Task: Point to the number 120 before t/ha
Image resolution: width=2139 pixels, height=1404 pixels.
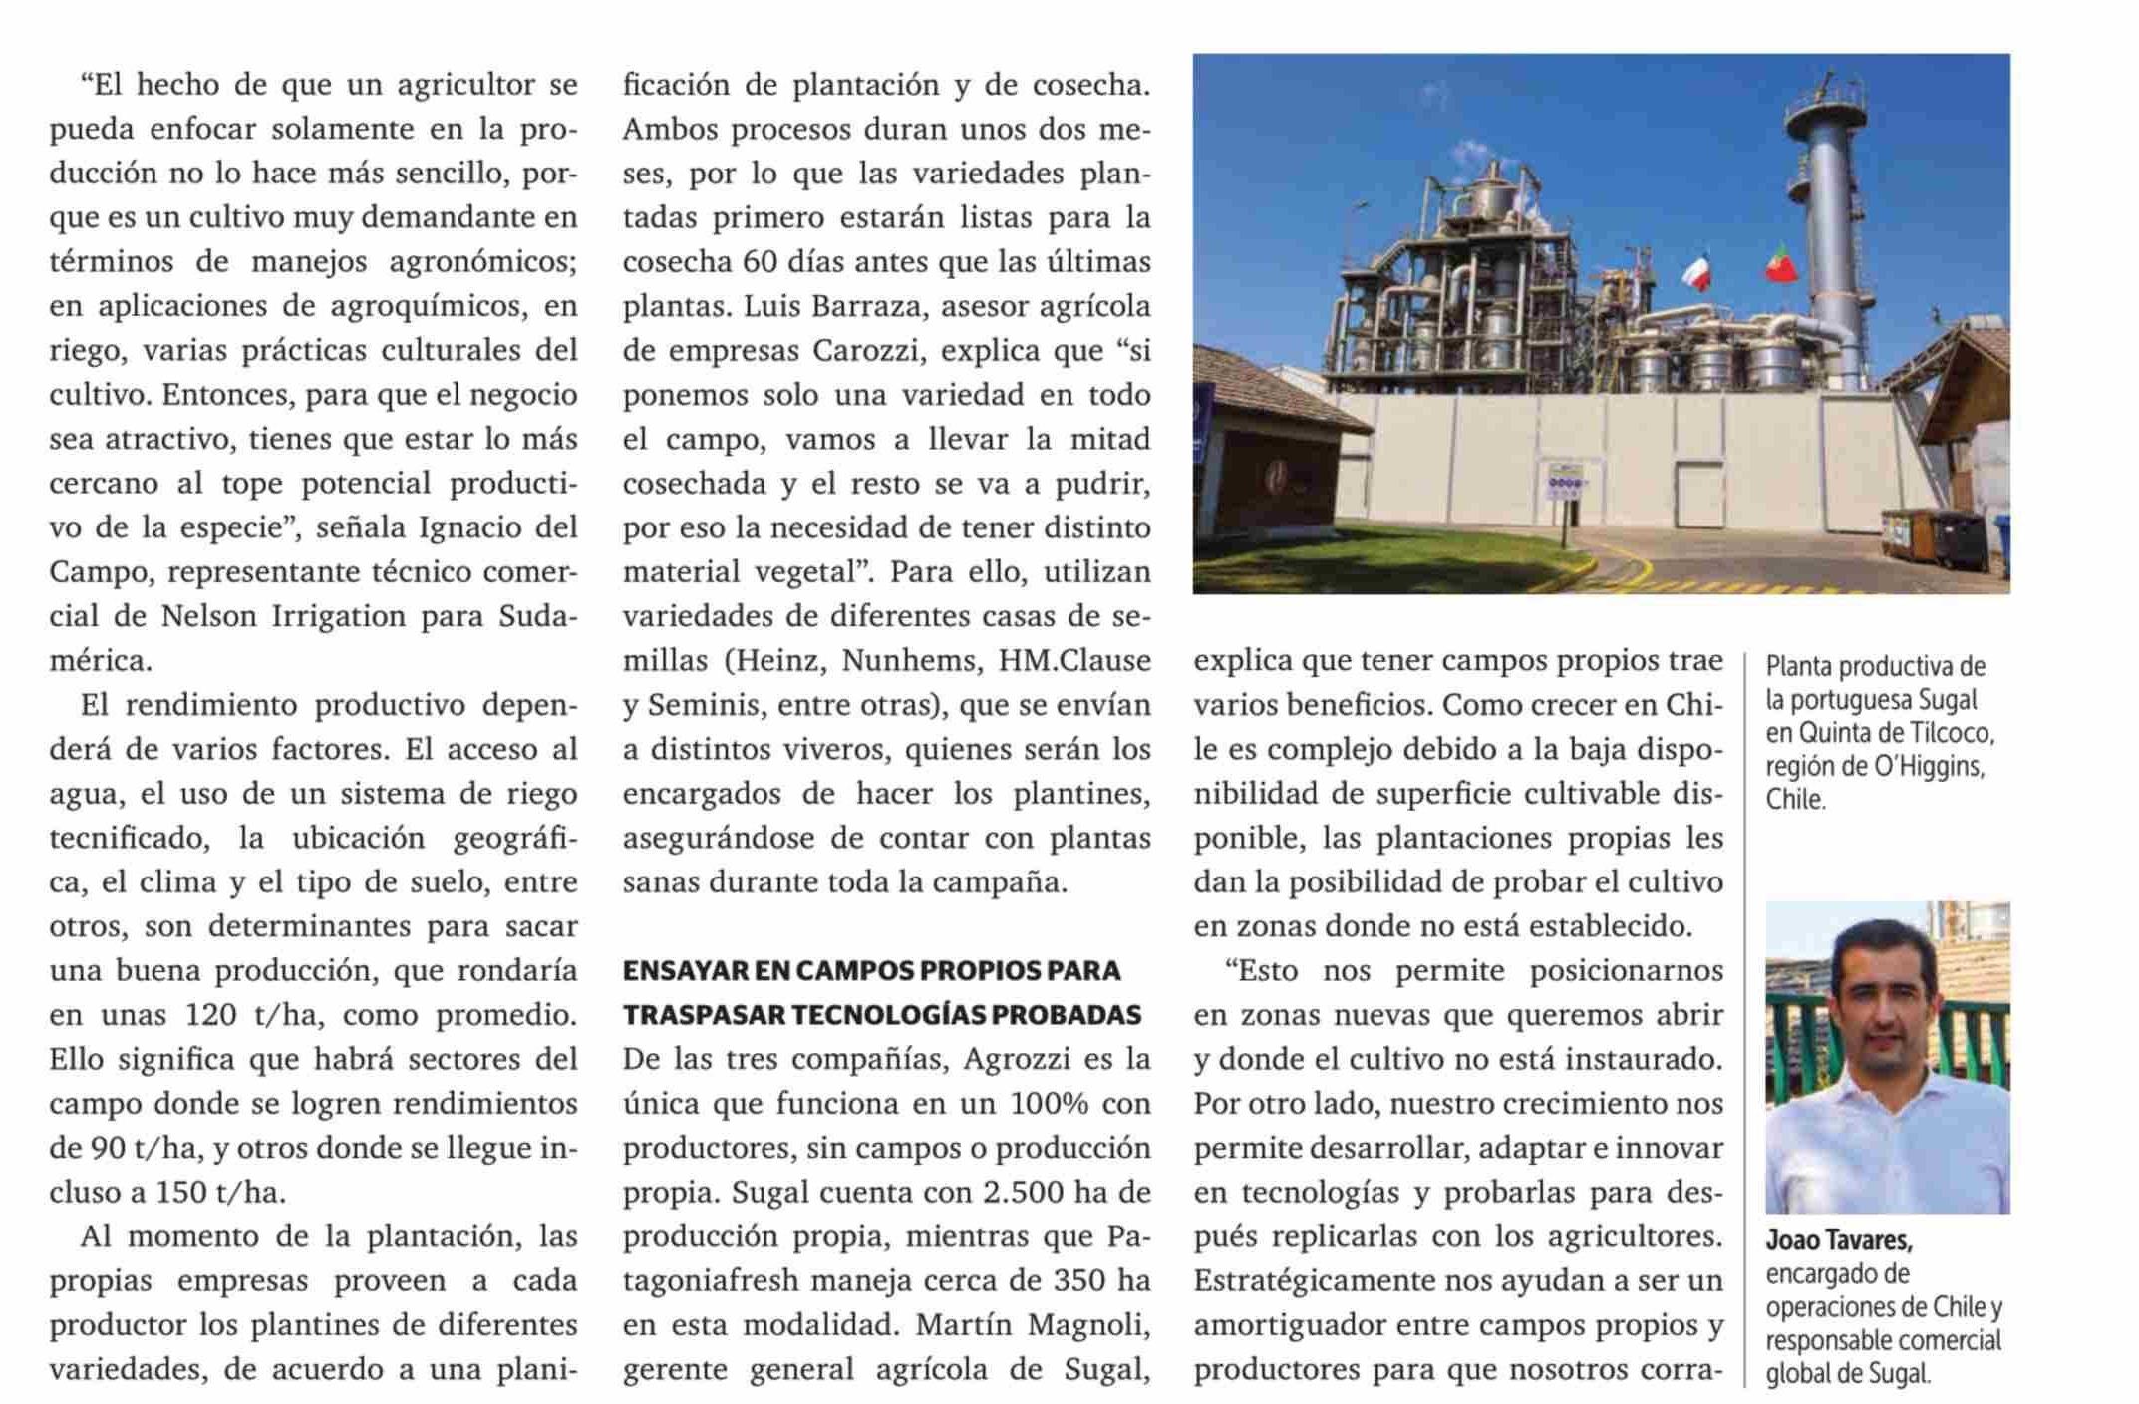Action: click(210, 1016)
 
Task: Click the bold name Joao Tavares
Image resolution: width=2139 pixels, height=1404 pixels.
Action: click(1838, 1241)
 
